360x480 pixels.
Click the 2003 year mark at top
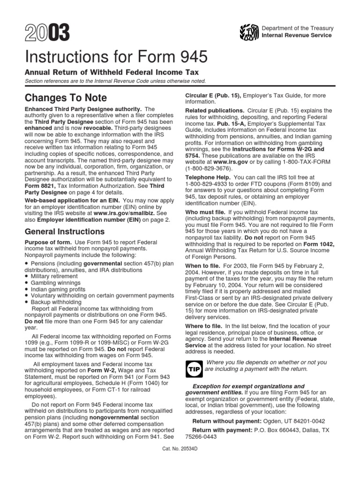tap(46, 33)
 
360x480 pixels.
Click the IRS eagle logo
tap(248, 32)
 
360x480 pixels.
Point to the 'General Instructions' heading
tap(64, 232)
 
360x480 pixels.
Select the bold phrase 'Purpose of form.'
tap(48, 242)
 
